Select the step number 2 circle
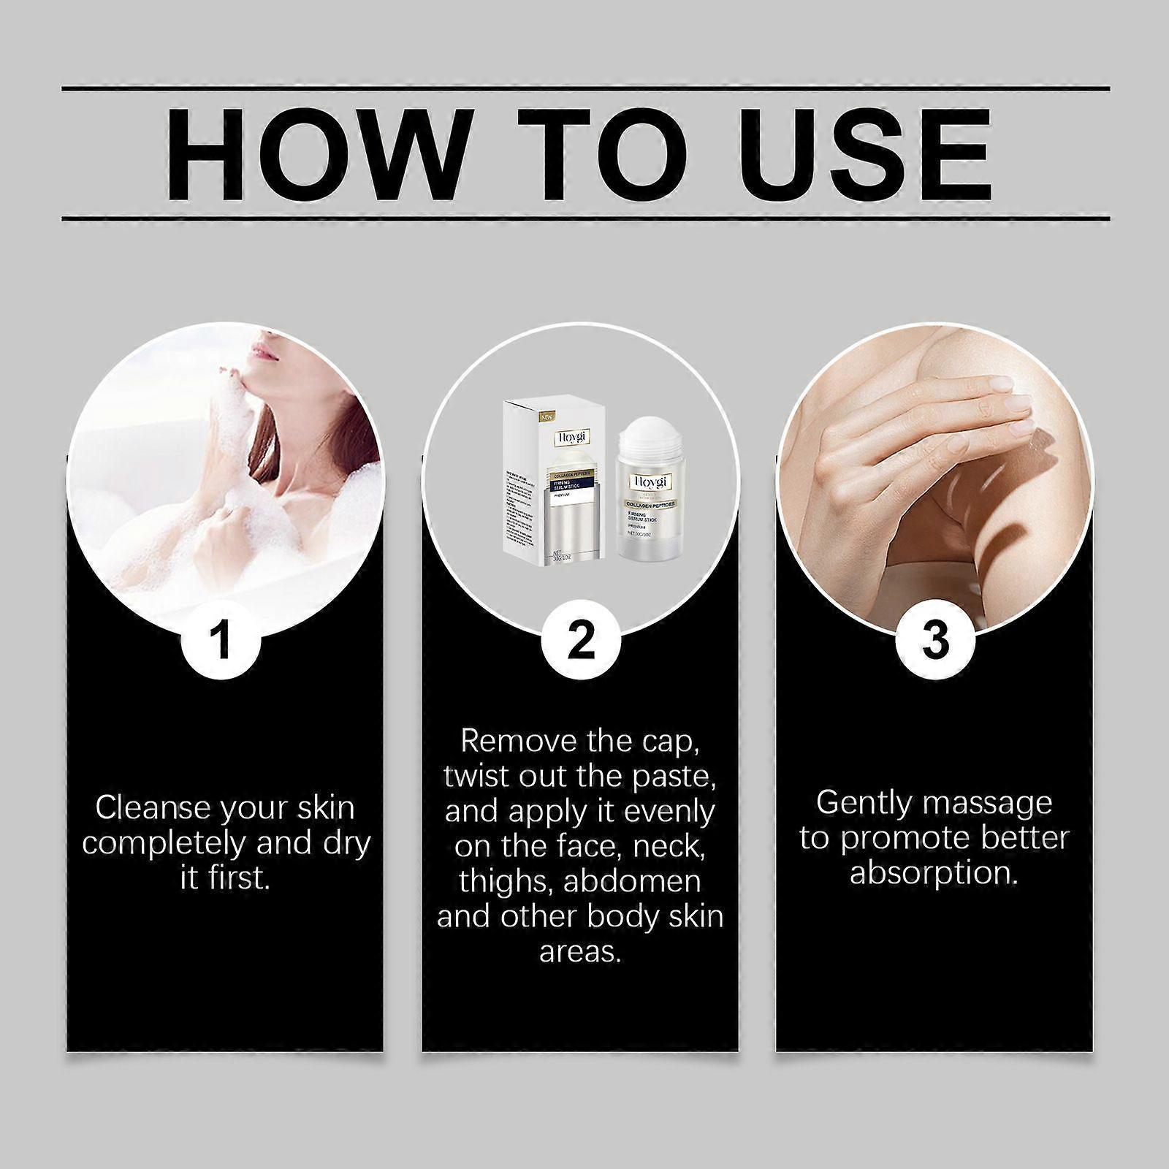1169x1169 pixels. tap(581, 640)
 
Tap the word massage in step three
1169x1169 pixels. tap(989, 802)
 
